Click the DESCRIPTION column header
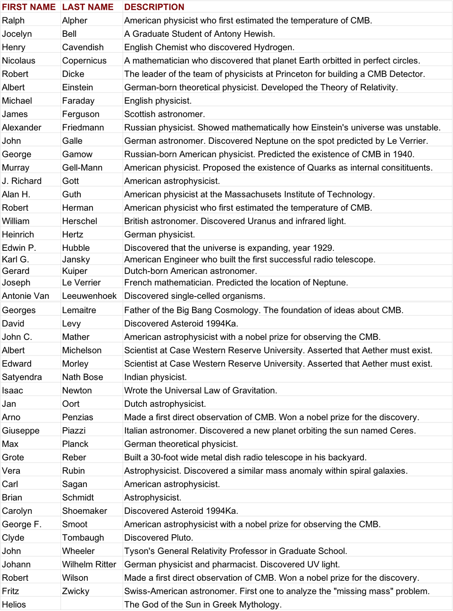(x=154, y=7)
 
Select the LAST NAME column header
(x=88, y=7)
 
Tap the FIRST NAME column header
(x=29, y=7)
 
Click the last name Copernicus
(x=84, y=60)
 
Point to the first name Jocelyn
(x=17, y=34)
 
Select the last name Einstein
(x=77, y=87)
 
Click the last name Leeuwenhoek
(x=89, y=296)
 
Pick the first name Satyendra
(x=22, y=377)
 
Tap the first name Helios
(x=14, y=604)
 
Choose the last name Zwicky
(x=75, y=591)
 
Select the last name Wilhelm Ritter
(x=89, y=564)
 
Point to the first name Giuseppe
(x=21, y=430)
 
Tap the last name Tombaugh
(x=83, y=537)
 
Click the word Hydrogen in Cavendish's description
(x=274, y=47)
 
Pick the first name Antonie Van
(x=25, y=296)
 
